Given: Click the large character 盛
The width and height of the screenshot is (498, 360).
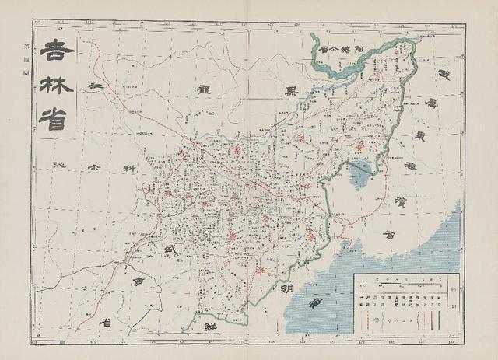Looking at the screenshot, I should [163, 249].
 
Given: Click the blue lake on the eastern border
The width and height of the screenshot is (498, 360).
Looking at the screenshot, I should [360, 174].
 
